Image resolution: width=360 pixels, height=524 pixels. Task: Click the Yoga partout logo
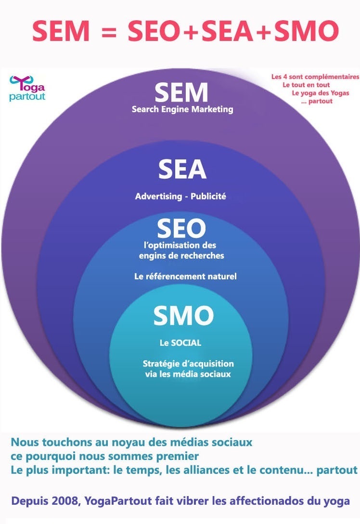27,88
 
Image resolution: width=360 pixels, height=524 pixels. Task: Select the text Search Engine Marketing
182,109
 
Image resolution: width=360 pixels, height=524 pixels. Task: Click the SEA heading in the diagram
182,170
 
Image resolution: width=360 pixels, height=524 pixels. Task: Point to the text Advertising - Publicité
180,196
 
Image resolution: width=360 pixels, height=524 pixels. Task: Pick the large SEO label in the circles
181,228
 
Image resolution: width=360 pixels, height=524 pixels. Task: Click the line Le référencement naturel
185,276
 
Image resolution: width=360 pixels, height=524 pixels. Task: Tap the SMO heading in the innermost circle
183,316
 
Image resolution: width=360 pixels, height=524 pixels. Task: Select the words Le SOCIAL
180,343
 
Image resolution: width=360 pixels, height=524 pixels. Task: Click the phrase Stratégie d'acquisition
188,364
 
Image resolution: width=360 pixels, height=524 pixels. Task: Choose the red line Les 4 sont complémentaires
315,77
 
